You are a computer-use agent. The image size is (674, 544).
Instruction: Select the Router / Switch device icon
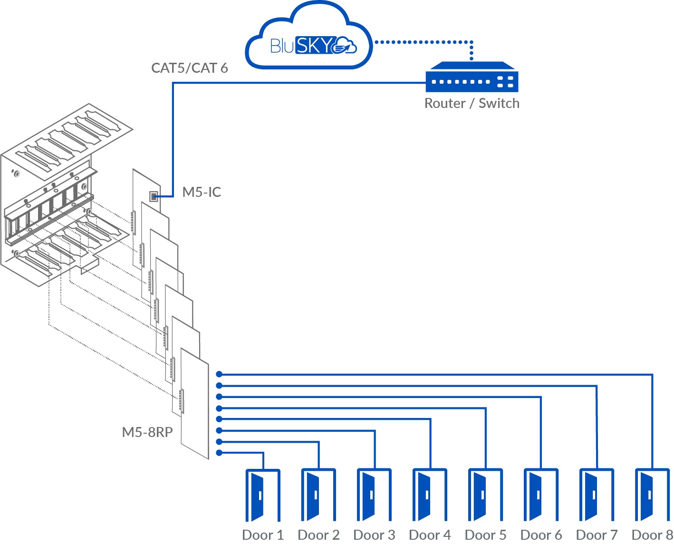472,78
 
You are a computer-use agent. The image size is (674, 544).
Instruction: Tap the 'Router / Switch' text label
472,103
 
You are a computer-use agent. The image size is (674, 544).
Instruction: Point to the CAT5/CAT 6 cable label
189,68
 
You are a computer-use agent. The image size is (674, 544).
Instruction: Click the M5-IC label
202,192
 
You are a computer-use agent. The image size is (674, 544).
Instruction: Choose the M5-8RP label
147,432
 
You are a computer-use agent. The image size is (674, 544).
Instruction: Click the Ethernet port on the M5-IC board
154,196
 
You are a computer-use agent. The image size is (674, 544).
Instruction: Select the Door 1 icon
262,495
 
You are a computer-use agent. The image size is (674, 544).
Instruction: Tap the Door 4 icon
429,495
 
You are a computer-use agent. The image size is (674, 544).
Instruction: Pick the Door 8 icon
652,495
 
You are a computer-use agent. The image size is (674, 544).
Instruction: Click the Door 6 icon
540,495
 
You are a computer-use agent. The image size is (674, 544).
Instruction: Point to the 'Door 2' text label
318,535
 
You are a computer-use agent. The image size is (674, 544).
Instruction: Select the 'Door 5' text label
485,535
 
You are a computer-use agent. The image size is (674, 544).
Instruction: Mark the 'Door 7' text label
597,535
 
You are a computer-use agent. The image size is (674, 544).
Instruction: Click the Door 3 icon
374,495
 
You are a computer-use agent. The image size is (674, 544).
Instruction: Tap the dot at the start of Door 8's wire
219,375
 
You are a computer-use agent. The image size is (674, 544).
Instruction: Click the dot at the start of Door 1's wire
219,453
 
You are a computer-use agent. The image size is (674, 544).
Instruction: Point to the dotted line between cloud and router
423,42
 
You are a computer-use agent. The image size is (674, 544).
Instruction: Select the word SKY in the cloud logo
315,45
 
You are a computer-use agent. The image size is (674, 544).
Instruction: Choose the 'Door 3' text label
374,535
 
